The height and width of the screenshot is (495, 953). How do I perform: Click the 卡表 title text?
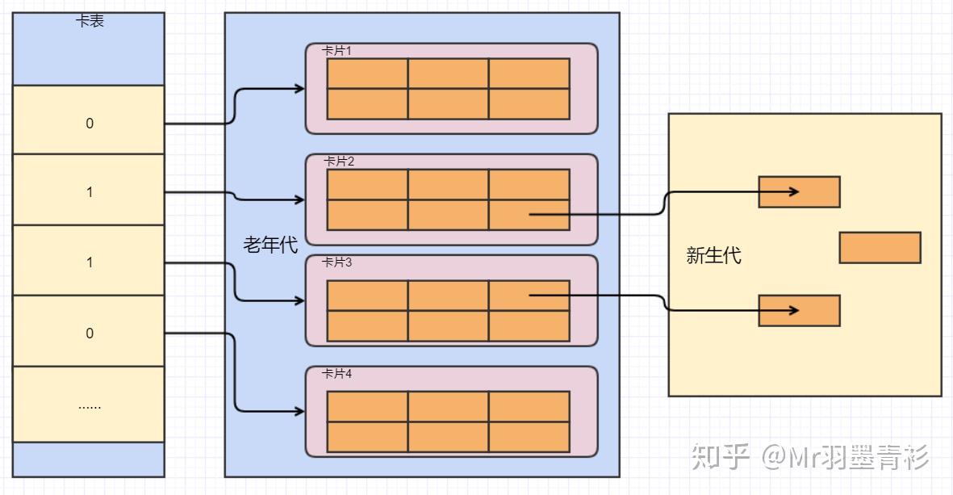point(90,22)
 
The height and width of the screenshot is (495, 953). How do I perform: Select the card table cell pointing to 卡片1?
point(89,123)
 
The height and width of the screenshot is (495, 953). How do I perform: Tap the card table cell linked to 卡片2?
point(89,192)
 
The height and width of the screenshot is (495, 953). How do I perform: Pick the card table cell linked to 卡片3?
point(89,262)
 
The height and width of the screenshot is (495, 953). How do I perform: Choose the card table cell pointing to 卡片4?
point(89,333)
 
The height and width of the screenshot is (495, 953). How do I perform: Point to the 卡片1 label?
point(337,51)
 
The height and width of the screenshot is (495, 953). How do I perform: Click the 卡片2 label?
point(339,162)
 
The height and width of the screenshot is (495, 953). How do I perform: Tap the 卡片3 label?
point(337,262)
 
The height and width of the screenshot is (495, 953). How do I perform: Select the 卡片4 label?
point(337,374)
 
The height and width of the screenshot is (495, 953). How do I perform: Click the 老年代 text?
point(270,245)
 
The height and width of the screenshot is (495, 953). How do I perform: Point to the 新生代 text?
point(713,256)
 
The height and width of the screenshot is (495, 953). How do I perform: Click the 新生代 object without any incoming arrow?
point(880,248)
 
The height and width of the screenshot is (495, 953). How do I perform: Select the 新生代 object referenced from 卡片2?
point(799,192)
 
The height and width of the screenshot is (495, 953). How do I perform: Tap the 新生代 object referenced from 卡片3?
point(799,310)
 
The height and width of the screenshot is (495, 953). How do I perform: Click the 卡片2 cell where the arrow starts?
point(529,215)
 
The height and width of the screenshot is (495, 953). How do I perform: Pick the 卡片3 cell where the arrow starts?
point(529,296)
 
